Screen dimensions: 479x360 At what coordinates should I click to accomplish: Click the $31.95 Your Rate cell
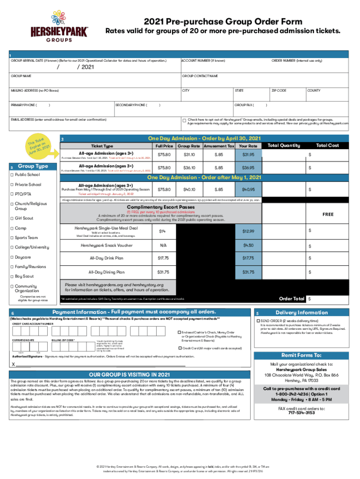click(x=248, y=154)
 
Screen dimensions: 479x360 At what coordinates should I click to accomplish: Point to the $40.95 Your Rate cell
click(x=248, y=189)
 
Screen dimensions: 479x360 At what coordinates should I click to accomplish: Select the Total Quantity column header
click(x=283, y=145)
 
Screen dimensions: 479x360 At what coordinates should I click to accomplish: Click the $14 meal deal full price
click(x=162, y=232)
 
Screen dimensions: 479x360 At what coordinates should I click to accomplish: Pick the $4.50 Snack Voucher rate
click(x=248, y=246)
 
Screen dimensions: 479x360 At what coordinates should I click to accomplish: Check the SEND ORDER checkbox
click(x=257, y=321)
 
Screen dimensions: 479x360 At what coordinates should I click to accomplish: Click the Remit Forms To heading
click(x=302, y=356)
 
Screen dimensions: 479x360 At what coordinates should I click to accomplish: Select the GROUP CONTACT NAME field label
click(x=200, y=76)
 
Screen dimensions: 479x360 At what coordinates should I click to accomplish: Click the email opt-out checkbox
click(x=184, y=120)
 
